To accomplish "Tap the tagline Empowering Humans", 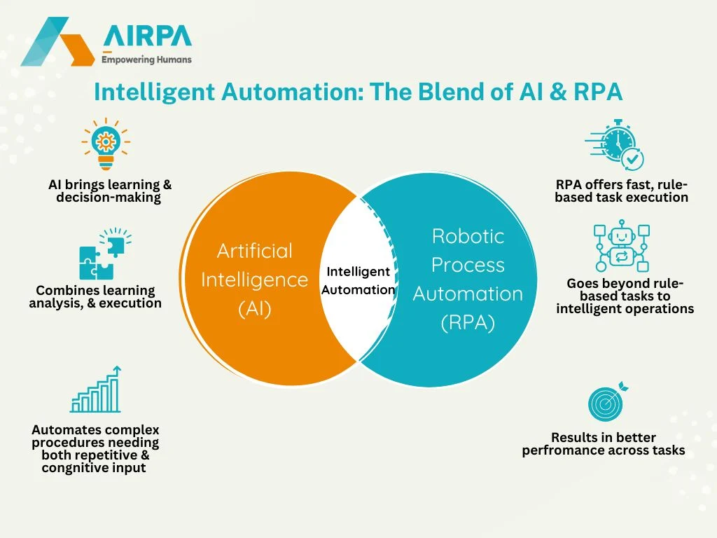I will (146, 60).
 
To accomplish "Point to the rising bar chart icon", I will (96, 389).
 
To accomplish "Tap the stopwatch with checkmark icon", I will (614, 144).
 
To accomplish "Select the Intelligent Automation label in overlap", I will (358, 280).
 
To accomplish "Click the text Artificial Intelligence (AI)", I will (255, 280).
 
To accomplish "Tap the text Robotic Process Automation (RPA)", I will (468, 280).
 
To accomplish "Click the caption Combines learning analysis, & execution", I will (96, 296).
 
